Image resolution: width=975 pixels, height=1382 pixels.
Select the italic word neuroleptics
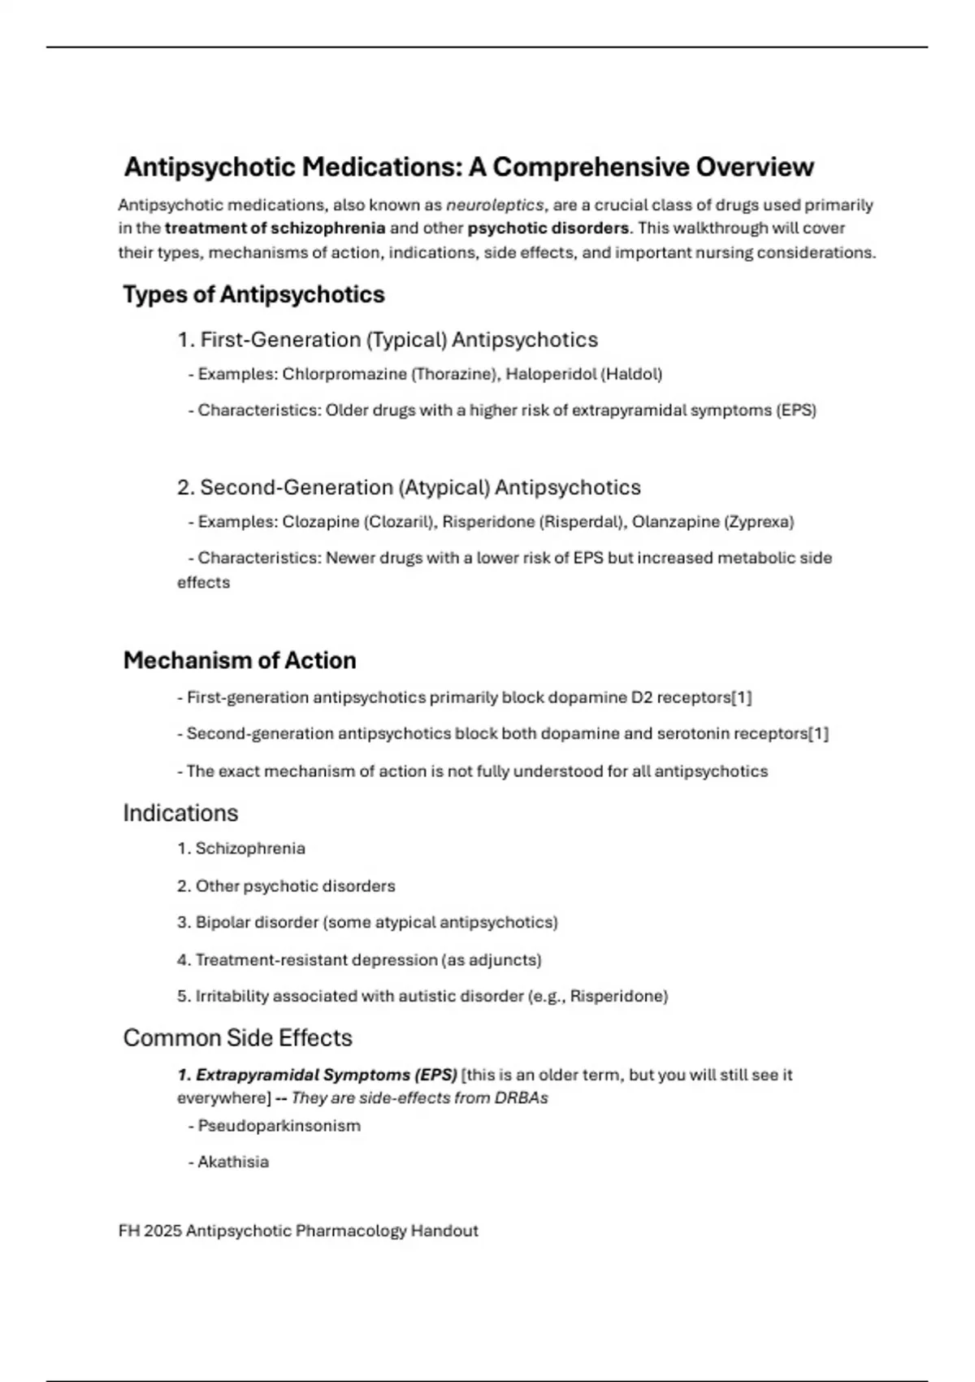click(494, 205)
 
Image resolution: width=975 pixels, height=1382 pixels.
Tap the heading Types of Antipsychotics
click(253, 294)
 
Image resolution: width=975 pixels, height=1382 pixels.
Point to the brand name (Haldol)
click(630, 374)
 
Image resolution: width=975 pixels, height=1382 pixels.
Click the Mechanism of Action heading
click(240, 660)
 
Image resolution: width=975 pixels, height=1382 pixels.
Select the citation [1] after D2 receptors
click(741, 698)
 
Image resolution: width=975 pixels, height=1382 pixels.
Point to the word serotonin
click(693, 734)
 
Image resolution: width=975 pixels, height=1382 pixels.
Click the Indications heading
click(180, 813)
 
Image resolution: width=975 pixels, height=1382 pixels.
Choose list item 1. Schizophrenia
click(241, 849)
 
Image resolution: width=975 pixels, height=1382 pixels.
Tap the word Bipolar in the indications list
click(222, 923)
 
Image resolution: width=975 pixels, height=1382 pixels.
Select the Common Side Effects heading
click(237, 1037)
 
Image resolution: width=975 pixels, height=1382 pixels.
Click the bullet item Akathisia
click(232, 1162)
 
